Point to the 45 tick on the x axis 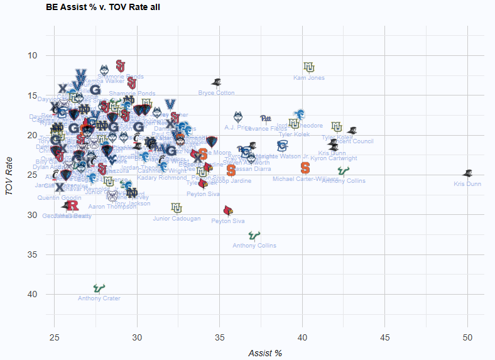point(384,337)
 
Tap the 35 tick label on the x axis point(219,337)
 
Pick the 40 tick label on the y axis point(33,295)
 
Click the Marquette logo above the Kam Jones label point(308,67)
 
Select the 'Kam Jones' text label point(308,78)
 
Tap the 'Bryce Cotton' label point(216,93)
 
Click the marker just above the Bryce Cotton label point(217,82)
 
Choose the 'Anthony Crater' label point(99,298)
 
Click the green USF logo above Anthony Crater point(97,288)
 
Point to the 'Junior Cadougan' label point(177,219)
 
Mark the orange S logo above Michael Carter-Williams point(305,168)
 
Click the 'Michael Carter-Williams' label point(305,179)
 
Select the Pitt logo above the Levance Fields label point(266,117)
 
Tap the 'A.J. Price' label point(237,127)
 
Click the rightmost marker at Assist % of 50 point(467,173)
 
